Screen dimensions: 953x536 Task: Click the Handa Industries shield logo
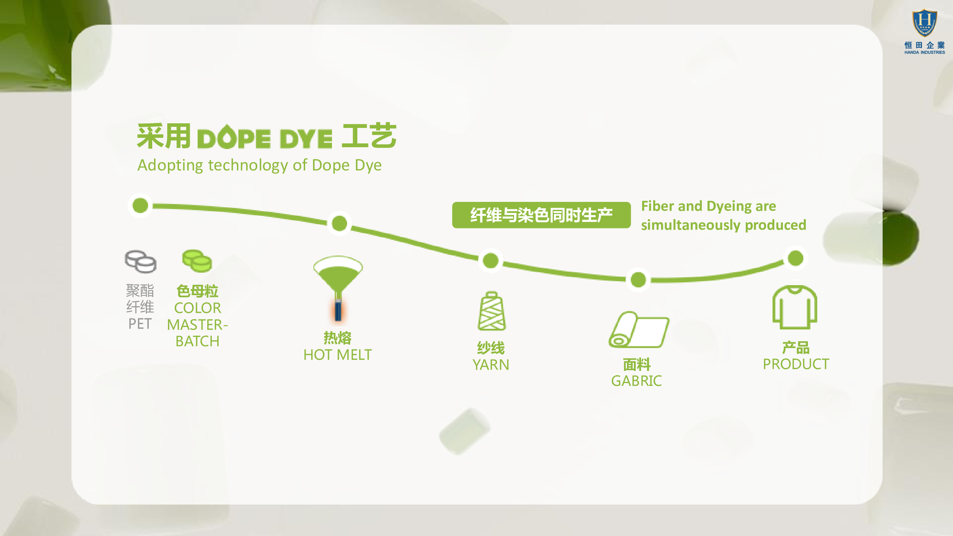pos(924,23)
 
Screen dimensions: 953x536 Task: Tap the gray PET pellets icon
pos(140,261)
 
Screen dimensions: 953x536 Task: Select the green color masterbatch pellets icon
pos(197,260)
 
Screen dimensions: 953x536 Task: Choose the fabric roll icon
pos(639,329)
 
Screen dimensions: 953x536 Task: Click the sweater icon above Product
pos(795,307)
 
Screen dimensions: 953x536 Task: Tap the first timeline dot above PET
pos(140,205)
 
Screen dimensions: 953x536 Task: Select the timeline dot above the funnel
pos(339,223)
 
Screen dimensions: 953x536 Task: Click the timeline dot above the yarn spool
pos(491,260)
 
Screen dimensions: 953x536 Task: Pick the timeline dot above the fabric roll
pos(638,280)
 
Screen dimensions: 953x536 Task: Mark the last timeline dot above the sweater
pos(795,258)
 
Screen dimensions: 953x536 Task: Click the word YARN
pos(491,365)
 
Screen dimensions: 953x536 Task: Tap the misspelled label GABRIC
pos(636,381)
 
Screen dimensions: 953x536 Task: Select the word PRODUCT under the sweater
pos(796,364)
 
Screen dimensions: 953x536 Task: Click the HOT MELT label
pos(337,355)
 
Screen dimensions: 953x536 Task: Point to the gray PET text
pos(140,324)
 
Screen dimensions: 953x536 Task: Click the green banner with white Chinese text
pos(541,215)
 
